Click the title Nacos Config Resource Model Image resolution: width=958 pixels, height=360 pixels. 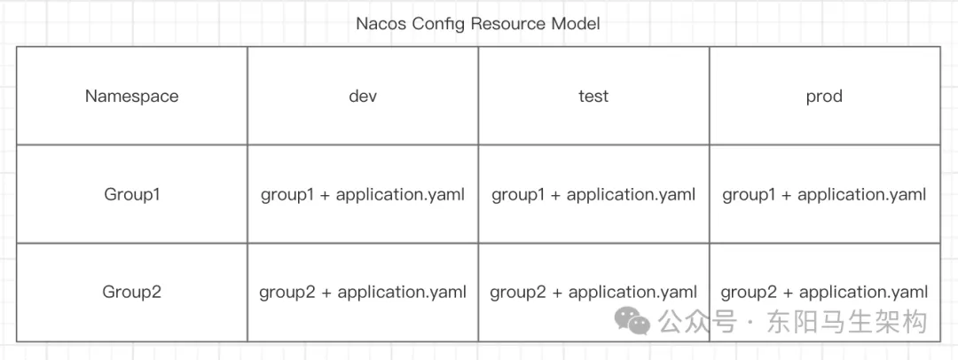[477, 23]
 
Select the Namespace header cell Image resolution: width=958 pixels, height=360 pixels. [131, 96]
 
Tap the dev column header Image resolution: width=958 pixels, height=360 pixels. [363, 96]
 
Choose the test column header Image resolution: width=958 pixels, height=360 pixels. [593, 96]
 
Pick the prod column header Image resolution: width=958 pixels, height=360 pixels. [824, 96]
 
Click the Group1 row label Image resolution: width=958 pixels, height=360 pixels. [131, 194]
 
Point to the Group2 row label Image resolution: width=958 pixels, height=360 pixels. [131, 292]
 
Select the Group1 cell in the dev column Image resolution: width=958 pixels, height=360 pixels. [363, 194]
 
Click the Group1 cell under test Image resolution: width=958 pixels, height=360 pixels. [593, 194]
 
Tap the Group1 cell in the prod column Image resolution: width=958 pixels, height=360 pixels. [824, 194]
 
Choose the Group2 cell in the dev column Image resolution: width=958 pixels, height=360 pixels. [363, 292]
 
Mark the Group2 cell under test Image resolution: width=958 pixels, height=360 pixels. [593, 292]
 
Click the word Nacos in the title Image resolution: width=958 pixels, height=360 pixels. [381, 23]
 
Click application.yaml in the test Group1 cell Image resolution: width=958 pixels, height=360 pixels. [632, 194]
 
